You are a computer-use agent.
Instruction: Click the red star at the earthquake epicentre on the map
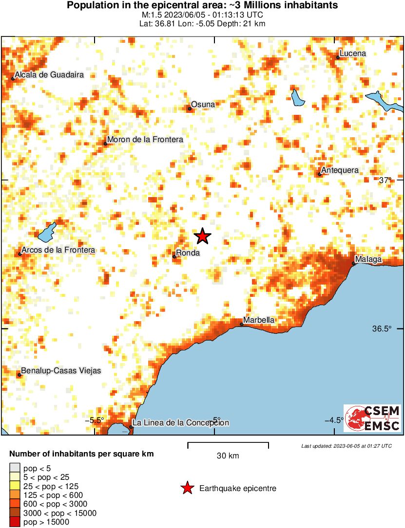coord(203,236)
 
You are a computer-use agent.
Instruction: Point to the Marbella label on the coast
coord(259,320)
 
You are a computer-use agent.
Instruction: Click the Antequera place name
coord(340,170)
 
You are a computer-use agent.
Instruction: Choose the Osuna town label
coord(203,104)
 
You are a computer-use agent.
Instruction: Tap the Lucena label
coord(352,54)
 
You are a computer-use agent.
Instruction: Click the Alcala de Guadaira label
coord(49,75)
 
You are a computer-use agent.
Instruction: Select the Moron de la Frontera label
coord(145,140)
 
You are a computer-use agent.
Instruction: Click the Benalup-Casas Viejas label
coord(61,371)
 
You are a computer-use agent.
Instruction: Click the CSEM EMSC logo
coord(373,418)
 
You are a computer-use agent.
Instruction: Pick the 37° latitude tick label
coord(386,180)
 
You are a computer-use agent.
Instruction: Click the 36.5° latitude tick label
coord(382,328)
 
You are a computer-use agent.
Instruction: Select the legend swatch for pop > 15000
coord(15,522)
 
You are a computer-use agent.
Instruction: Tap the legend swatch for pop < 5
coord(15,469)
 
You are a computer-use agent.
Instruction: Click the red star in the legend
coord(187,488)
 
